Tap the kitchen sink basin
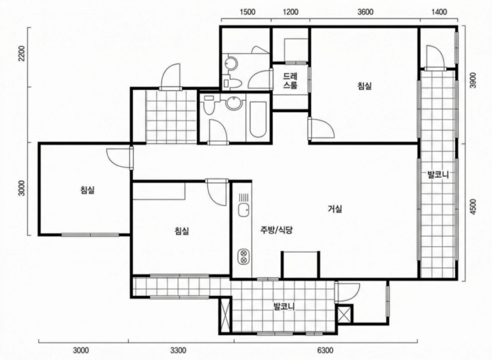tap(244, 210)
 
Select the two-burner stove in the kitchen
tap(244, 256)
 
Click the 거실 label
tap(335, 209)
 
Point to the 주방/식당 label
tap(276, 230)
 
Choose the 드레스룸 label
tap(290, 81)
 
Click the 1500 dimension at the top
tap(247, 12)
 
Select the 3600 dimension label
tap(365, 12)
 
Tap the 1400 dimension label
tap(439, 12)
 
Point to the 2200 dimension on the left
tap(22, 54)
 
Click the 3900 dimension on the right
tap(473, 81)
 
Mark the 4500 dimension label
tap(473, 207)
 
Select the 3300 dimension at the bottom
tap(178, 350)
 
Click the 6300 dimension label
tap(325, 350)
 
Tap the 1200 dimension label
tap(290, 12)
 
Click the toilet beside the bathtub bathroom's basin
tap(208, 105)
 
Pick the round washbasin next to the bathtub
tap(233, 103)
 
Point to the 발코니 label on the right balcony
tap(438, 174)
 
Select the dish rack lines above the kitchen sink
tap(244, 198)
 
